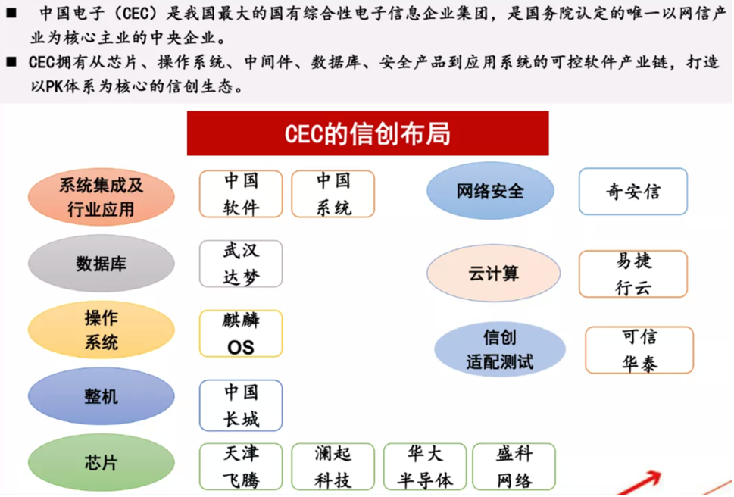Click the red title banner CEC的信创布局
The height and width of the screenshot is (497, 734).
(x=367, y=133)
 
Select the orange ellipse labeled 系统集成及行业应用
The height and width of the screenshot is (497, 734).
(x=101, y=197)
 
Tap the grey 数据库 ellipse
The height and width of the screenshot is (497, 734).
(x=101, y=264)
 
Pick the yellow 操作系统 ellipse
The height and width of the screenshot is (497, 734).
(x=101, y=330)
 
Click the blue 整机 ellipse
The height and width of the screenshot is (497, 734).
(x=101, y=396)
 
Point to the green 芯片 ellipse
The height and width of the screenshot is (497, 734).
(x=101, y=462)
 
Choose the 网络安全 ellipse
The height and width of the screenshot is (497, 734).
(x=490, y=190)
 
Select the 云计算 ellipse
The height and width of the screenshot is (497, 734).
(x=493, y=273)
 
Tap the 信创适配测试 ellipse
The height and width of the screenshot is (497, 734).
(x=499, y=349)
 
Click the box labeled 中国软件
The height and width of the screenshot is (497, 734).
(x=241, y=194)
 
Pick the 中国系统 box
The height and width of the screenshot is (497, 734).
(x=333, y=194)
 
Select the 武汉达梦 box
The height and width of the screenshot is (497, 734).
(x=241, y=264)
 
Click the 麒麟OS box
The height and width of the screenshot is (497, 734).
(x=241, y=333)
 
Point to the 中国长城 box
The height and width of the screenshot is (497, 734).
(x=241, y=405)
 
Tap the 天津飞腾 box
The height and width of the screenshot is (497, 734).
(x=241, y=467)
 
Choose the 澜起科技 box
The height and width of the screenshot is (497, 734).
(x=333, y=467)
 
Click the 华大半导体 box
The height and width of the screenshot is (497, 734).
(x=425, y=467)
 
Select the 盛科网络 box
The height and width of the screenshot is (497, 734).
(x=514, y=467)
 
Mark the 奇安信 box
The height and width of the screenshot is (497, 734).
(x=633, y=192)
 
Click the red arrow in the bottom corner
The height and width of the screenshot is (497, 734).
(x=639, y=483)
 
